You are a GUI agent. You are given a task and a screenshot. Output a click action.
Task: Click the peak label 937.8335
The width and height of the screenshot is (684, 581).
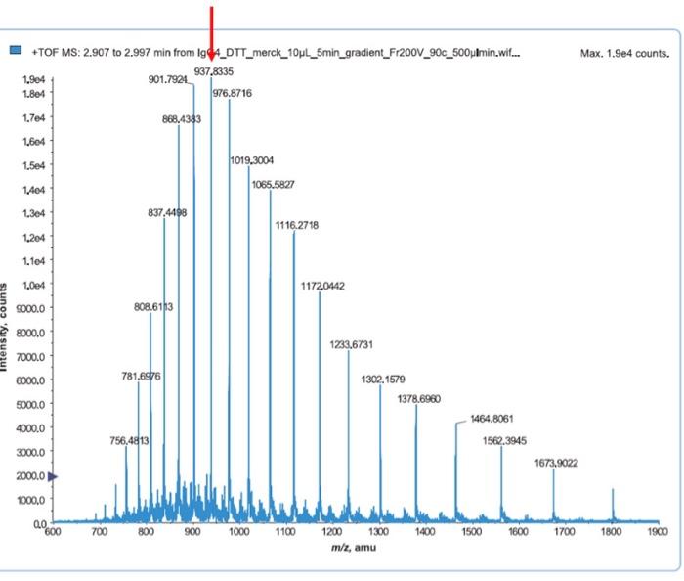(x=214, y=71)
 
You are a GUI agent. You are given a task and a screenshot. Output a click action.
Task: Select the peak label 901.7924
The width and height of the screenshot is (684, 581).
(x=168, y=79)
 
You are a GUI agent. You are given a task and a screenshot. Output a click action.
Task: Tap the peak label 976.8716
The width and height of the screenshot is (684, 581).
(x=233, y=93)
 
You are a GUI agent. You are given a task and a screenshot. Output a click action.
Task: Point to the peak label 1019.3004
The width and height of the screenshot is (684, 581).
(x=252, y=159)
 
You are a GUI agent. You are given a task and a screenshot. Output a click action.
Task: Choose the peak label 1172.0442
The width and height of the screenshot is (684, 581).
(x=322, y=286)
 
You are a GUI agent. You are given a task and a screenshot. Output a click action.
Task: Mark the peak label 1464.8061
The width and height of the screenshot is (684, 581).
(x=492, y=419)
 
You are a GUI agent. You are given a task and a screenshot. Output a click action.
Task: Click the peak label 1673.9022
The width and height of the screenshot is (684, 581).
(x=556, y=463)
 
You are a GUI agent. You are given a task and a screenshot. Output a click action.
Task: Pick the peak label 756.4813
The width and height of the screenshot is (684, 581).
(x=129, y=440)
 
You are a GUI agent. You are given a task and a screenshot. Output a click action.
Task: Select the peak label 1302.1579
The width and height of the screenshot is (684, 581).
(x=383, y=379)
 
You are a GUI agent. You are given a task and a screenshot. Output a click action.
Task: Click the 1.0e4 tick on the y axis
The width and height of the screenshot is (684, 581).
(x=34, y=286)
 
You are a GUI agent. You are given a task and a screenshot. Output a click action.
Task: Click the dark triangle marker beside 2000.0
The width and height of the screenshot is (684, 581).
(x=53, y=476)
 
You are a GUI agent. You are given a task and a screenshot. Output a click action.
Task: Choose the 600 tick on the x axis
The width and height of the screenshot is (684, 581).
(x=53, y=532)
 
